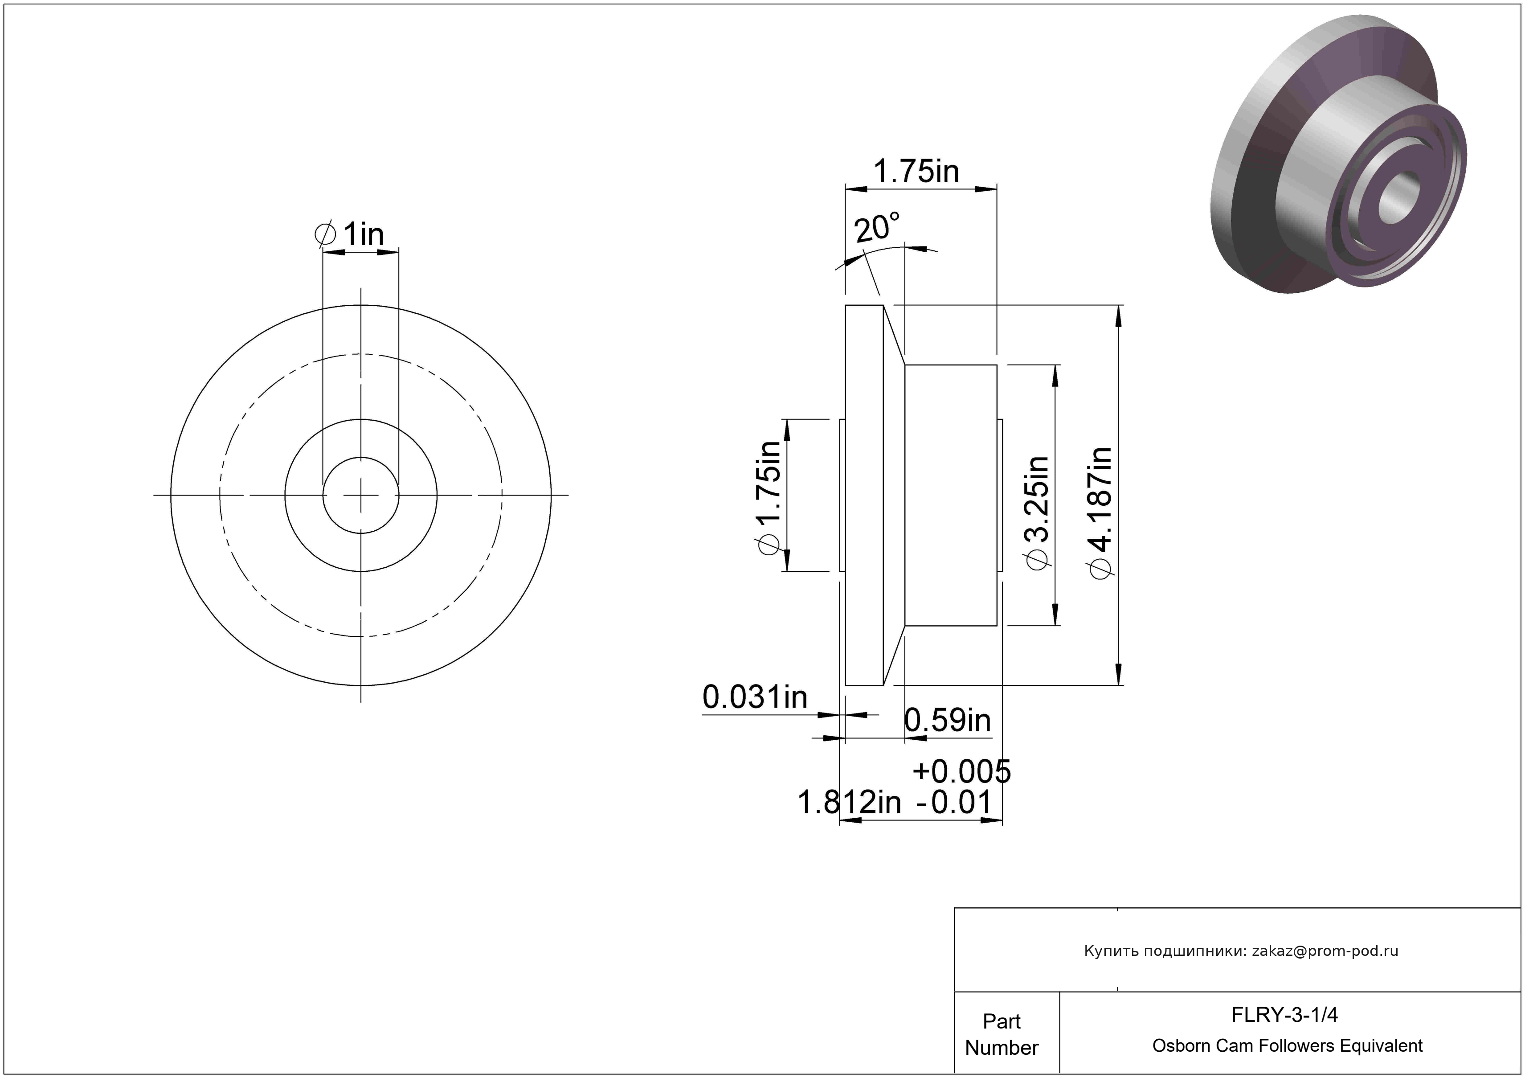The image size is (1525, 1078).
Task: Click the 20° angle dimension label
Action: pyautogui.click(x=877, y=228)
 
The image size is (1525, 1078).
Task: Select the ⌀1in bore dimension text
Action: pyautogui.click(x=350, y=234)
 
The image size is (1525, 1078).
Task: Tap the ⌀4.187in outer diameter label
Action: pyautogui.click(x=1100, y=512)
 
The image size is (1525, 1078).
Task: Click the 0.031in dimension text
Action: pyautogui.click(x=755, y=697)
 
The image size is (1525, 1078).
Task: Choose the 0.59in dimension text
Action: pyautogui.click(x=948, y=720)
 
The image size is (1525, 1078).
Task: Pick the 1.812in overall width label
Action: pyautogui.click(x=849, y=802)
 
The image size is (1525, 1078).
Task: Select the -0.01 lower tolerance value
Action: pyautogui.click(x=954, y=802)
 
